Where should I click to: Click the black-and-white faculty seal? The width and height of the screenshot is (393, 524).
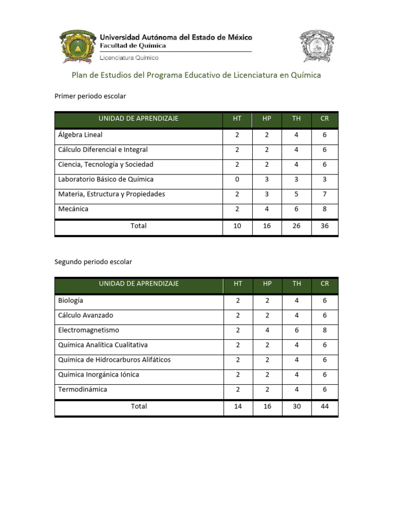(317, 47)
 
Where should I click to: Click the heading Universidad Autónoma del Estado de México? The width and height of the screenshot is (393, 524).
(176, 37)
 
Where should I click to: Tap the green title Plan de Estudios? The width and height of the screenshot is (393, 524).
(196, 75)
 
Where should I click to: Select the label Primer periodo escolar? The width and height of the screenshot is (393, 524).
(90, 96)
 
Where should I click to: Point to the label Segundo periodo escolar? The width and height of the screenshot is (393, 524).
(93, 261)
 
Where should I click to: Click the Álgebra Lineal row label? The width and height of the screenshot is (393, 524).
(80, 135)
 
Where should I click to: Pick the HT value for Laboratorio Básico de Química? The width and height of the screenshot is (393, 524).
(237, 180)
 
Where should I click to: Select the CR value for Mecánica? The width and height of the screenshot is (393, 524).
(324, 209)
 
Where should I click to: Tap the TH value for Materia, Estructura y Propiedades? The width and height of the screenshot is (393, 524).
(296, 194)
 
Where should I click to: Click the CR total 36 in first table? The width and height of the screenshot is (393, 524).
(324, 226)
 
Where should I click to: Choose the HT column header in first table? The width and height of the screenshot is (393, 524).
(237, 119)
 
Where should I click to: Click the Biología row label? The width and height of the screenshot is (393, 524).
(71, 300)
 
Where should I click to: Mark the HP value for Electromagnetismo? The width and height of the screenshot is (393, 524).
(267, 330)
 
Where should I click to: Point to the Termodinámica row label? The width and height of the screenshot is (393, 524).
(83, 389)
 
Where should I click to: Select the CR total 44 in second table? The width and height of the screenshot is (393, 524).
(324, 406)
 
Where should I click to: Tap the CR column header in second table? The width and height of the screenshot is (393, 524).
(324, 283)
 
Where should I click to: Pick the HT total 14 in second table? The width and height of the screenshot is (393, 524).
(237, 406)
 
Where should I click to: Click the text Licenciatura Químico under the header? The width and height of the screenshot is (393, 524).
(129, 58)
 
